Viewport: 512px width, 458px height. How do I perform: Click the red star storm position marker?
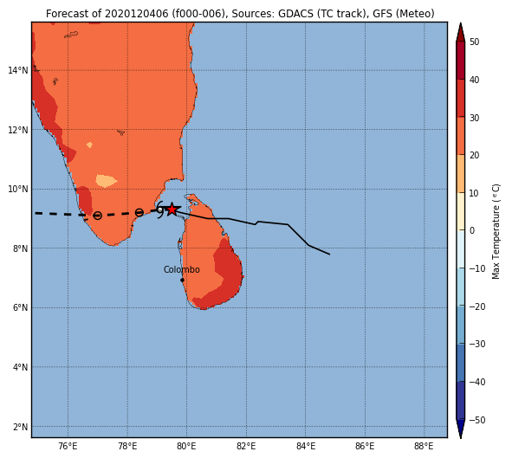(172, 210)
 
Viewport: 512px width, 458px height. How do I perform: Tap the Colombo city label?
(182, 270)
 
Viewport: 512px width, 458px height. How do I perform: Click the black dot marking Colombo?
(182, 280)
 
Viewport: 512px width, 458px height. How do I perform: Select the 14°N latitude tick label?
(18, 70)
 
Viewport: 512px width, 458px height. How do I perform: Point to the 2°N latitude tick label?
(20, 427)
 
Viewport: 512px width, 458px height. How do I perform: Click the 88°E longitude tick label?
(424, 446)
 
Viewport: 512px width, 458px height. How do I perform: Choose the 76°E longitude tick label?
(68, 446)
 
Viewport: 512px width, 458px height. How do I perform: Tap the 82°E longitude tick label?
(246, 446)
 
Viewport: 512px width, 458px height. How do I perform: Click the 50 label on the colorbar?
(475, 42)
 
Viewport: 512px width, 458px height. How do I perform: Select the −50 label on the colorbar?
(477, 420)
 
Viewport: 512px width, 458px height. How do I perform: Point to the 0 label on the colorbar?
(472, 230)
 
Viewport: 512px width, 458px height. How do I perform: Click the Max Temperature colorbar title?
(496, 232)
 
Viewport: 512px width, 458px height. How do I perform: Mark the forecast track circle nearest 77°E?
(97, 216)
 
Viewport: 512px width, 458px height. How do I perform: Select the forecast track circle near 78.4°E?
(139, 213)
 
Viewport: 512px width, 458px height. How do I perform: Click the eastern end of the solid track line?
(329, 255)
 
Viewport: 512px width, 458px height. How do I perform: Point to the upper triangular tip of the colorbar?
(460, 23)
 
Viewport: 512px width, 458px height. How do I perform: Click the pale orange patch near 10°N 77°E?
(106, 181)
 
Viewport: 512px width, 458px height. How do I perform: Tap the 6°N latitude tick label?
(20, 307)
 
